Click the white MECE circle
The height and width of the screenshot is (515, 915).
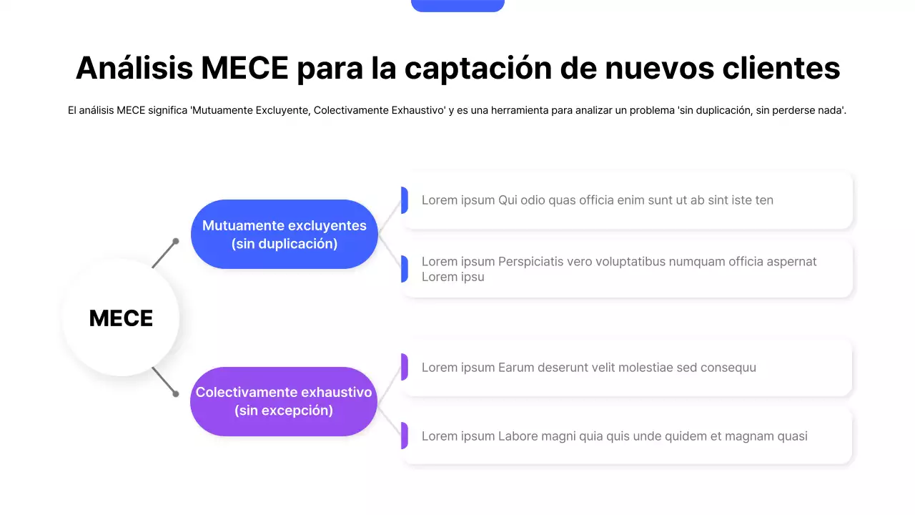coord(121,318)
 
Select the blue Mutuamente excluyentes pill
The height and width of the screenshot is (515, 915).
coord(284,235)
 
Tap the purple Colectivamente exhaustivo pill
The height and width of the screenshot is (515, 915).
coord(284,401)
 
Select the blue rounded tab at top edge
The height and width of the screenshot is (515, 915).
coord(457,5)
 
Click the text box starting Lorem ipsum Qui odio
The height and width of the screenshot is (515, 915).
coord(628,200)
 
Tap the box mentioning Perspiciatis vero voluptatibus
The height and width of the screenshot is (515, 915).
coord(628,269)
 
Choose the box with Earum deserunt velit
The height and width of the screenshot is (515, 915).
coord(628,368)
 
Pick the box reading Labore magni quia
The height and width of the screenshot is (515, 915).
coord(628,436)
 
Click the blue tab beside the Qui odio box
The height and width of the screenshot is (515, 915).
coord(405,200)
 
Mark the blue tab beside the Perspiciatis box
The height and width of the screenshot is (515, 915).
coord(405,269)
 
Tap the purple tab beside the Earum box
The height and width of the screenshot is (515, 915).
coord(405,367)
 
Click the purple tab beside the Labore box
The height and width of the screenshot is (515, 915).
coord(405,436)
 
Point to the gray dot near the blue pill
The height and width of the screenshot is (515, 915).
coord(176,241)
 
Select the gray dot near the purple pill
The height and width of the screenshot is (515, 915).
coord(176,393)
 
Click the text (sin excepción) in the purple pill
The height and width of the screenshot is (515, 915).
coord(284,411)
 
